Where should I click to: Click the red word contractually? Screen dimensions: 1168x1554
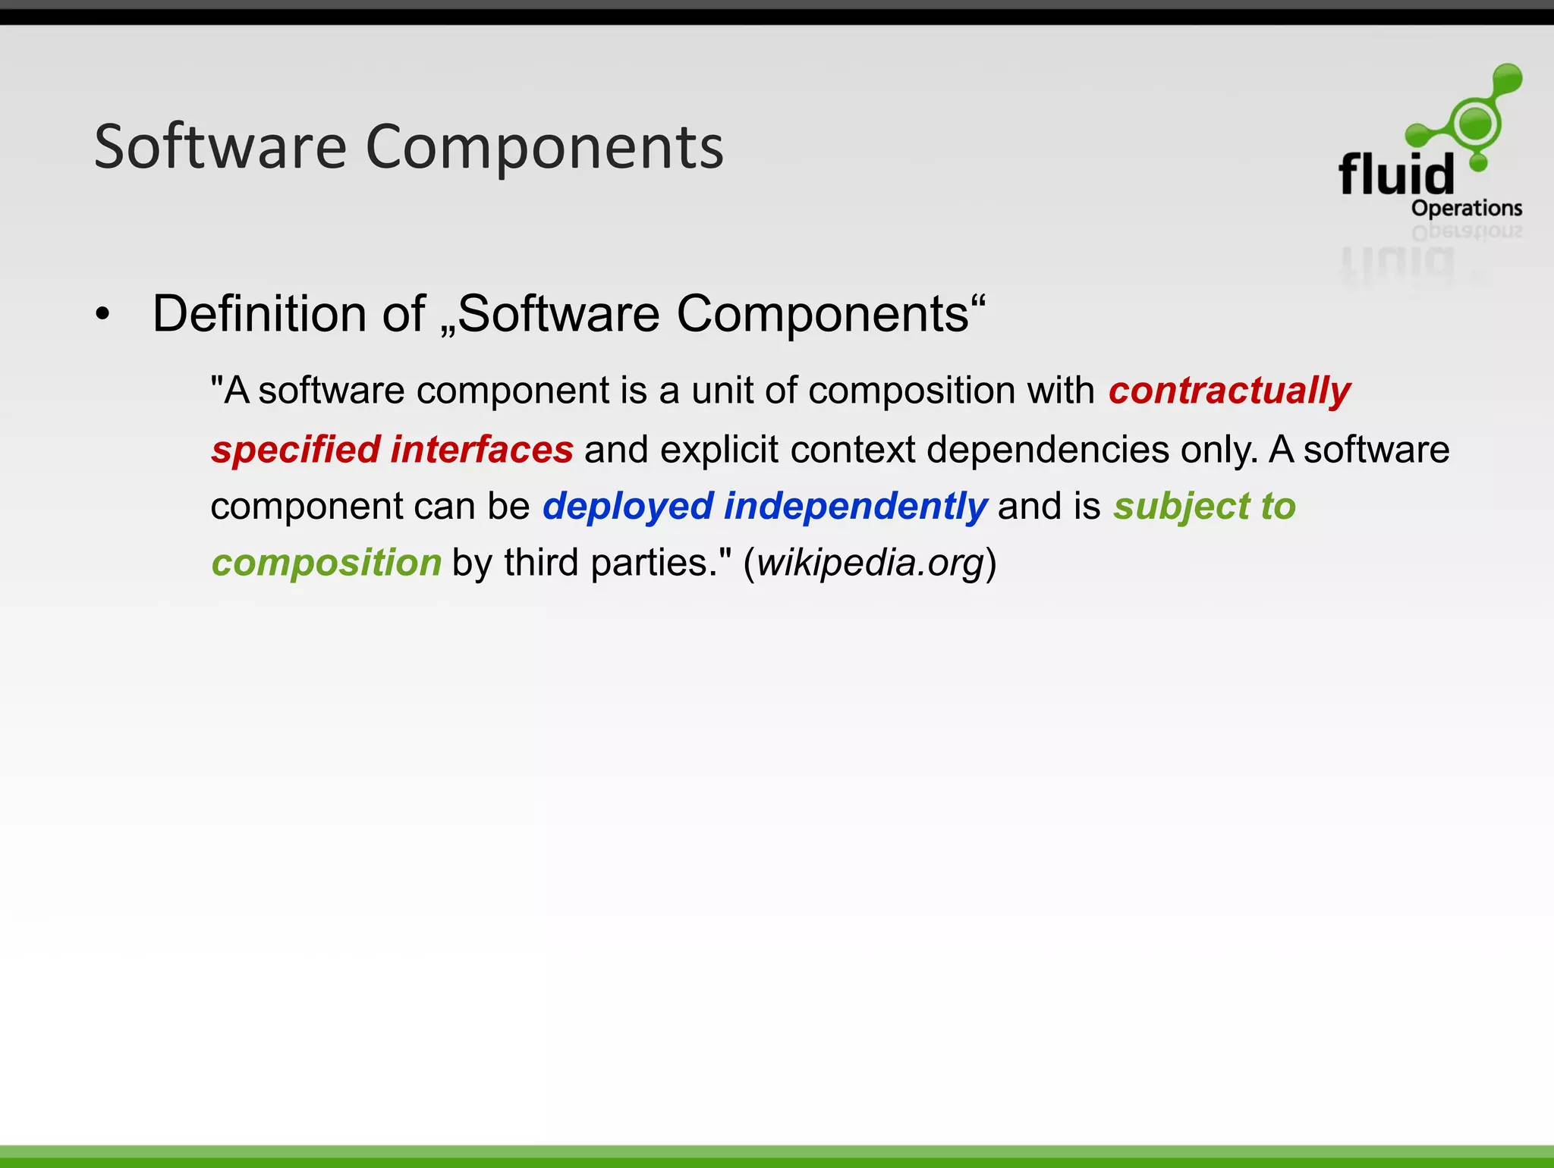tap(1229, 391)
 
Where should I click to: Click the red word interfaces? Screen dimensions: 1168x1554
tap(482, 449)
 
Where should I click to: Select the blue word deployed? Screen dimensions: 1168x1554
tap(628, 507)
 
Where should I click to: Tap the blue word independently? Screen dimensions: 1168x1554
tap(855, 507)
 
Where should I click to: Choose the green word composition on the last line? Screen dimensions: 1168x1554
tap(326, 563)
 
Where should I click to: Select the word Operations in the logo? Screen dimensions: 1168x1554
tap(1466, 208)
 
